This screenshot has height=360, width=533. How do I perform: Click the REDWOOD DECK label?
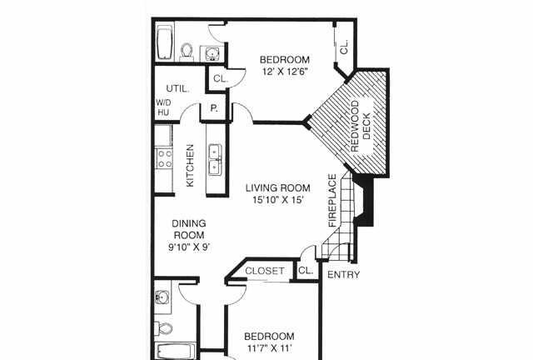pyautogui.click(x=361, y=126)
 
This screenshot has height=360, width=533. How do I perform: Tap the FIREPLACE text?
pyautogui.click(x=332, y=200)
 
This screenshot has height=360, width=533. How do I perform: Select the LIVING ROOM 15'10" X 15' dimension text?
pyautogui.click(x=277, y=199)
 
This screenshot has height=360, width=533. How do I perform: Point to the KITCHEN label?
pyautogui.click(x=190, y=165)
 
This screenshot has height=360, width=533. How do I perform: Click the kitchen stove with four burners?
pyautogui.click(x=165, y=158)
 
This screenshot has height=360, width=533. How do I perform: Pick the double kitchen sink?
pyautogui.click(x=215, y=160)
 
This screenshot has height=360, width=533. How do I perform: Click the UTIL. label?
pyautogui.click(x=177, y=88)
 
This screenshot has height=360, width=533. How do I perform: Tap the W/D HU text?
pyautogui.click(x=163, y=107)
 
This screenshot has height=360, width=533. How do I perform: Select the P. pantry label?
pyautogui.click(x=214, y=108)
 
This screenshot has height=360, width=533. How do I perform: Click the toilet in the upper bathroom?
pyautogui.click(x=187, y=52)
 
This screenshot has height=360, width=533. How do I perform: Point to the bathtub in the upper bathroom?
pyautogui.click(x=165, y=43)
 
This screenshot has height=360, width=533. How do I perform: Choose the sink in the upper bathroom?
pyautogui.click(x=212, y=53)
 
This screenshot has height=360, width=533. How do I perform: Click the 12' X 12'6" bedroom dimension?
pyautogui.click(x=285, y=72)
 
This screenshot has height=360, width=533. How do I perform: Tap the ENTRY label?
pyautogui.click(x=343, y=275)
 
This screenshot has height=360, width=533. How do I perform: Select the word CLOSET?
pyautogui.click(x=265, y=271)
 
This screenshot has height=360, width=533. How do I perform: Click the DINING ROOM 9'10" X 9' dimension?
pyautogui.click(x=189, y=247)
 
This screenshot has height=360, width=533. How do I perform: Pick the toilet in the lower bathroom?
pyautogui.click(x=164, y=328)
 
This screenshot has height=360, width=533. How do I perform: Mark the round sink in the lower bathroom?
pyautogui.click(x=162, y=297)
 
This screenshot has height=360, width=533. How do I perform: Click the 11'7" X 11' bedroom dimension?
pyautogui.click(x=270, y=348)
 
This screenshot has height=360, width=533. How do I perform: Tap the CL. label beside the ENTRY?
pyautogui.click(x=306, y=271)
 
